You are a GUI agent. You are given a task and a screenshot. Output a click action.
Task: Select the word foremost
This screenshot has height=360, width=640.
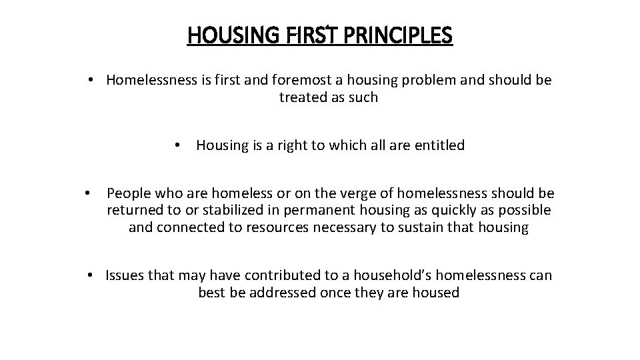(x=309, y=80)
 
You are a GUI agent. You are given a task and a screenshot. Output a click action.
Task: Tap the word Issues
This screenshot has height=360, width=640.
(x=125, y=275)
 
